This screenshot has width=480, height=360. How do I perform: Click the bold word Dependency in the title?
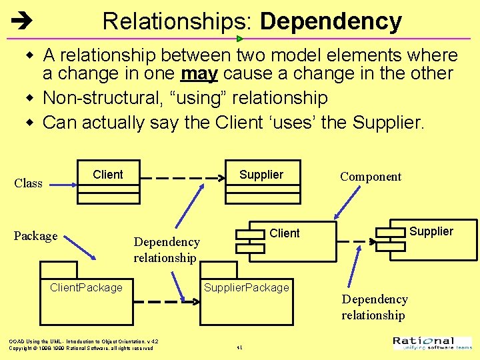tap(331, 22)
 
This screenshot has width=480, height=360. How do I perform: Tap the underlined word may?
tap(199, 73)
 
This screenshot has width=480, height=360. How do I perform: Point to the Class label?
tap(28, 183)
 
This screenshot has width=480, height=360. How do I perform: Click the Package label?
tap(35, 236)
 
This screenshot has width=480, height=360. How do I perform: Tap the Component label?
tap(371, 177)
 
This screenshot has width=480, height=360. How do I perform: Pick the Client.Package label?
tap(87, 287)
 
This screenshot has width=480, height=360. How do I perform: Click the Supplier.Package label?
tap(247, 287)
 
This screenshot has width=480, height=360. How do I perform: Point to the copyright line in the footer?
tap(81, 348)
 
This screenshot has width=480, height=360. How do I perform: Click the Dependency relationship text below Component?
tap(375, 307)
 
